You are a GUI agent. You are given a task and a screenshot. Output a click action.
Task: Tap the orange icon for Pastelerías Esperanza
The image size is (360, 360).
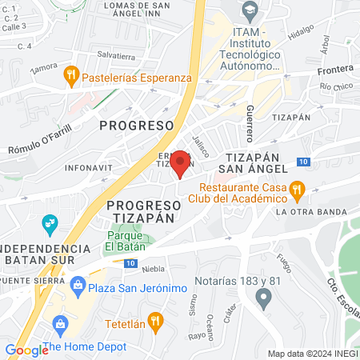tap(70, 78)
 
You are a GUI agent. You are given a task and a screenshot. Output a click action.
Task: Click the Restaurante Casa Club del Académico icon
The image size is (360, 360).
tap(297, 190)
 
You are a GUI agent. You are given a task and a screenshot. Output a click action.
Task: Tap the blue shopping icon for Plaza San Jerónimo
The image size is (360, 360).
tap(78, 285)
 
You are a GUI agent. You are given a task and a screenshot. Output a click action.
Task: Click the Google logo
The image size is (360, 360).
tap(26, 350)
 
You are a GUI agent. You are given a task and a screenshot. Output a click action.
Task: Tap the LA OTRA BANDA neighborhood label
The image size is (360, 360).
tap(311, 212)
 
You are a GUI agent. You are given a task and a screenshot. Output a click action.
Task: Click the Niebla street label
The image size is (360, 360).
tap(154, 269)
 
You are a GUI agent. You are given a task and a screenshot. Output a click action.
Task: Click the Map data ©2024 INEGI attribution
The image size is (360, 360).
tap(312, 353)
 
